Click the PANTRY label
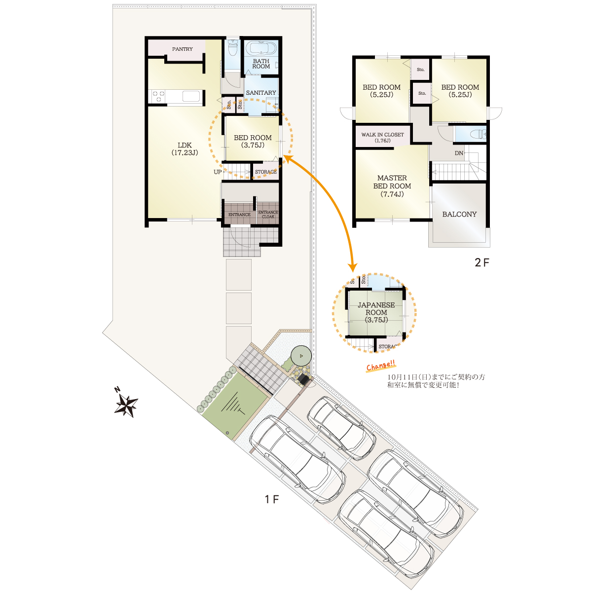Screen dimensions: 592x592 pyautogui.click(x=182, y=49)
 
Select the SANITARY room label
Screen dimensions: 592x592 pyautogui.click(x=261, y=92)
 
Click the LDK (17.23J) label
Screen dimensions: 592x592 pyautogui.click(x=185, y=148)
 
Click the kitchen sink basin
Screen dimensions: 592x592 pyautogui.click(x=192, y=96)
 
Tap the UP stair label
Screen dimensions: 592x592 pyautogui.click(x=218, y=172)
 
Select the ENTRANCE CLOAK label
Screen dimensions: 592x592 pyautogui.click(x=268, y=215)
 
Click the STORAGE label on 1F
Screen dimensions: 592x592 pyautogui.click(x=266, y=172)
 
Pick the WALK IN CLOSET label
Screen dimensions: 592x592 pyautogui.click(x=382, y=137)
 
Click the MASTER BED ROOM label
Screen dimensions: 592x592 pyautogui.click(x=392, y=186)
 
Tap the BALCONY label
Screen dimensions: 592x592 pyautogui.click(x=459, y=214)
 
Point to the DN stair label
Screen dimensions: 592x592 pyautogui.click(x=459, y=153)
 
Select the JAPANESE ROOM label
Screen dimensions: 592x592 pyautogui.click(x=376, y=312)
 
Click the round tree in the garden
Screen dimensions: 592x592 pyautogui.click(x=301, y=355)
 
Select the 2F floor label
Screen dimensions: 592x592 pyautogui.click(x=481, y=262)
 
